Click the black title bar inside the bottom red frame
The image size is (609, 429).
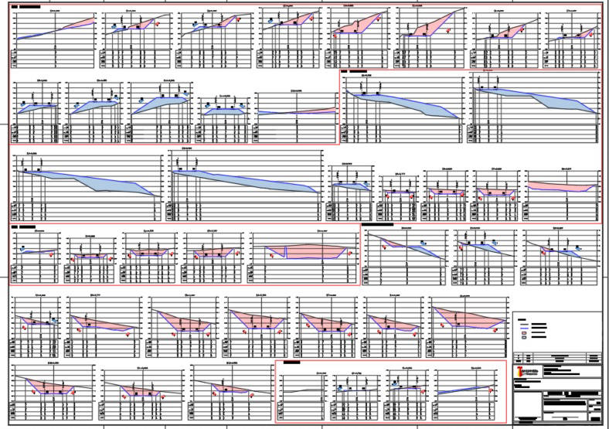pos(293,362)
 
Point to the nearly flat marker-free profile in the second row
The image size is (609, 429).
pos(297,112)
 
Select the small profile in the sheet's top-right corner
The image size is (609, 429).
pos(573,35)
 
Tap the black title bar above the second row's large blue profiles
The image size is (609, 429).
pos(358,71)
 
